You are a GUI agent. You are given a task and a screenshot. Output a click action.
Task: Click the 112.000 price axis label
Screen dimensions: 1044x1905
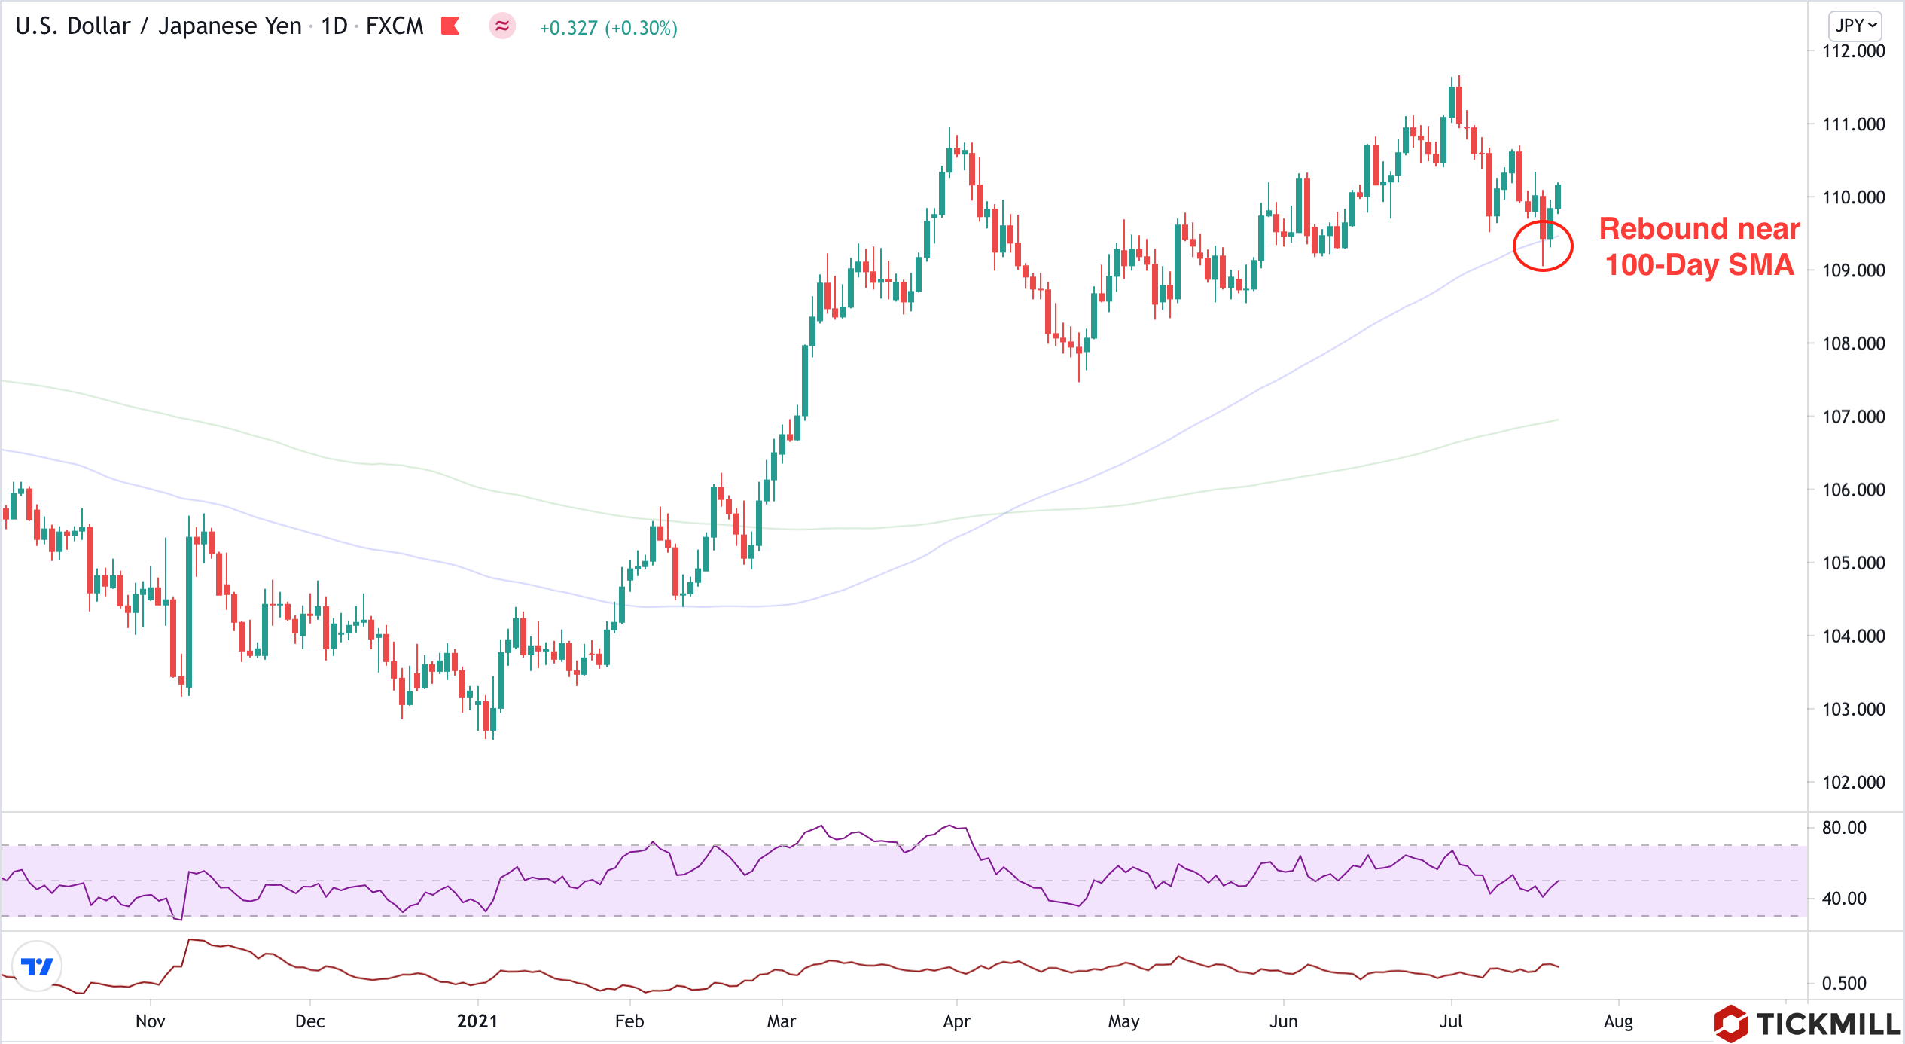click(x=1853, y=51)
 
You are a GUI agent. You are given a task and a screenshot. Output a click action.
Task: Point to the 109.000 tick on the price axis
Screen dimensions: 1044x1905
click(x=1853, y=270)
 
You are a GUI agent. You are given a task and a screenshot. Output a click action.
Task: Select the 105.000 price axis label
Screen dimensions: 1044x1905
click(x=1853, y=563)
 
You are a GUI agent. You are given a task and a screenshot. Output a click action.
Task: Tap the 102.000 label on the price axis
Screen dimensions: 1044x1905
click(x=1853, y=782)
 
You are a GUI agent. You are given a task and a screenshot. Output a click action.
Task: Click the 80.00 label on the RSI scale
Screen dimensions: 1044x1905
click(x=1843, y=828)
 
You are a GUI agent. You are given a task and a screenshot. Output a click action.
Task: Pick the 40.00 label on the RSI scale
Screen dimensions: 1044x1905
click(x=1843, y=898)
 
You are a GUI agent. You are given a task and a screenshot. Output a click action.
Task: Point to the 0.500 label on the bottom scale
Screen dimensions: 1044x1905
click(x=1843, y=983)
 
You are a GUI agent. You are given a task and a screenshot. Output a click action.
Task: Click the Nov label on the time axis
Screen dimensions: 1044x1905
click(x=150, y=1021)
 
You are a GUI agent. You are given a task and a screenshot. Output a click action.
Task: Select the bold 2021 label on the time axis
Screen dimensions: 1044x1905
click(x=477, y=1021)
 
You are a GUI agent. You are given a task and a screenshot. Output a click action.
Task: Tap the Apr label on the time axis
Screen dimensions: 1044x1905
click(x=956, y=1021)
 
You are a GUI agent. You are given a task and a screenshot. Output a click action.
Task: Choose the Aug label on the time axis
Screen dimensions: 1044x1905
click(x=1618, y=1021)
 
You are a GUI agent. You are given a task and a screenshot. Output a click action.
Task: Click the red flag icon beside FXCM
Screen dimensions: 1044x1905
click(x=450, y=26)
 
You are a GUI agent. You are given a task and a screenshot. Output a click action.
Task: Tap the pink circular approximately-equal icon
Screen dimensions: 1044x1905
click(x=502, y=26)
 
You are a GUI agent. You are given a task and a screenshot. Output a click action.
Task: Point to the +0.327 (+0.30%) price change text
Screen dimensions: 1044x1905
click(x=608, y=28)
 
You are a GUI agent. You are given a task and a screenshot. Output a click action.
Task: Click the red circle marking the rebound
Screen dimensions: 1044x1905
click(x=1543, y=246)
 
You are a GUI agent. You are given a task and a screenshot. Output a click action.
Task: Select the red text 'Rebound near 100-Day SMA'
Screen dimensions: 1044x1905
click(x=1699, y=246)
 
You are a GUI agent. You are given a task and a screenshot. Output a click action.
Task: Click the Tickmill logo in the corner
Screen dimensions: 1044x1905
click(x=1807, y=1023)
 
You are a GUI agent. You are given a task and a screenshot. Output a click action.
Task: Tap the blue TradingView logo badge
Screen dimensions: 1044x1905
click(x=37, y=966)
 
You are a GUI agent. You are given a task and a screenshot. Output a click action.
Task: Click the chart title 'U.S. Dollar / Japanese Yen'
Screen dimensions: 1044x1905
click(x=158, y=26)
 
